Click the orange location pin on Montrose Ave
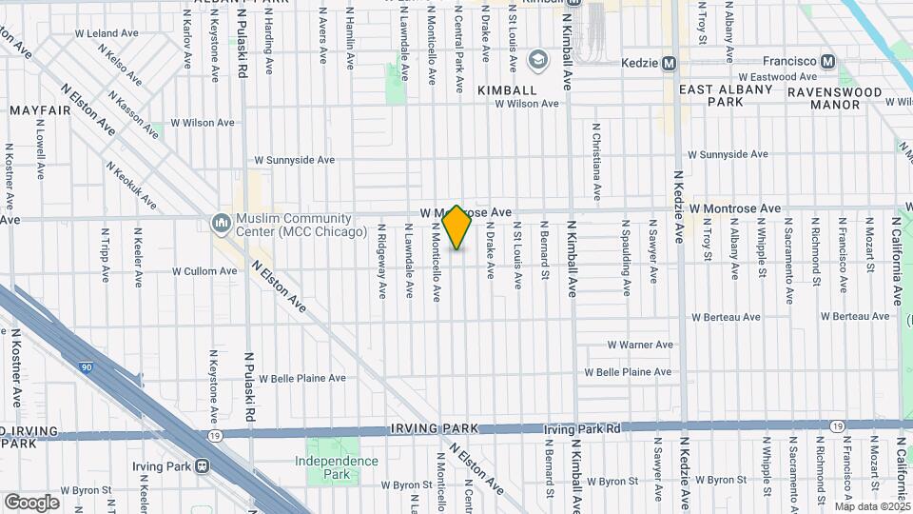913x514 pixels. tap(457, 227)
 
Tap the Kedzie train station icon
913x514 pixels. tap(670, 64)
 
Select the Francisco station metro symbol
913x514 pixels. tap(828, 62)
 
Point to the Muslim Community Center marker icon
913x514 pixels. tap(222, 224)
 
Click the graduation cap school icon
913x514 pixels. tap(538, 61)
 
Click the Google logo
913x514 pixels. tap(31, 502)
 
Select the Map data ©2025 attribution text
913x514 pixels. tap(872, 506)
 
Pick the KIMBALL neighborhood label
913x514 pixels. tap(507, 89)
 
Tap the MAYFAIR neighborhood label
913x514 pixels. tap(41, 110)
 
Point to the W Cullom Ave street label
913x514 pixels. tap(204, 271)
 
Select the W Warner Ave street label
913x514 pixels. tap(640, 345)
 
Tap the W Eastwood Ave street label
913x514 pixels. tap(777, 77)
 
